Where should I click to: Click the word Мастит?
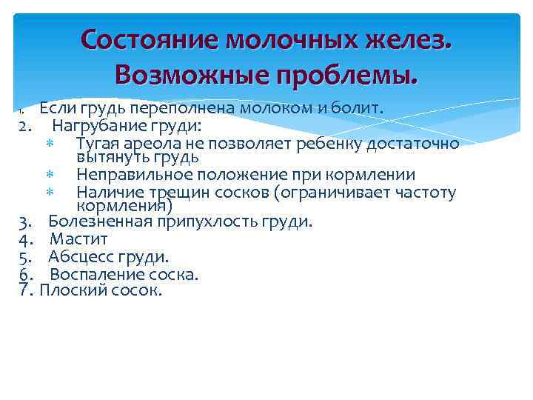pyautogui.click(x=78, y=239)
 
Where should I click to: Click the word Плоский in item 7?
pyautogui.click(x=69, y=290)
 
